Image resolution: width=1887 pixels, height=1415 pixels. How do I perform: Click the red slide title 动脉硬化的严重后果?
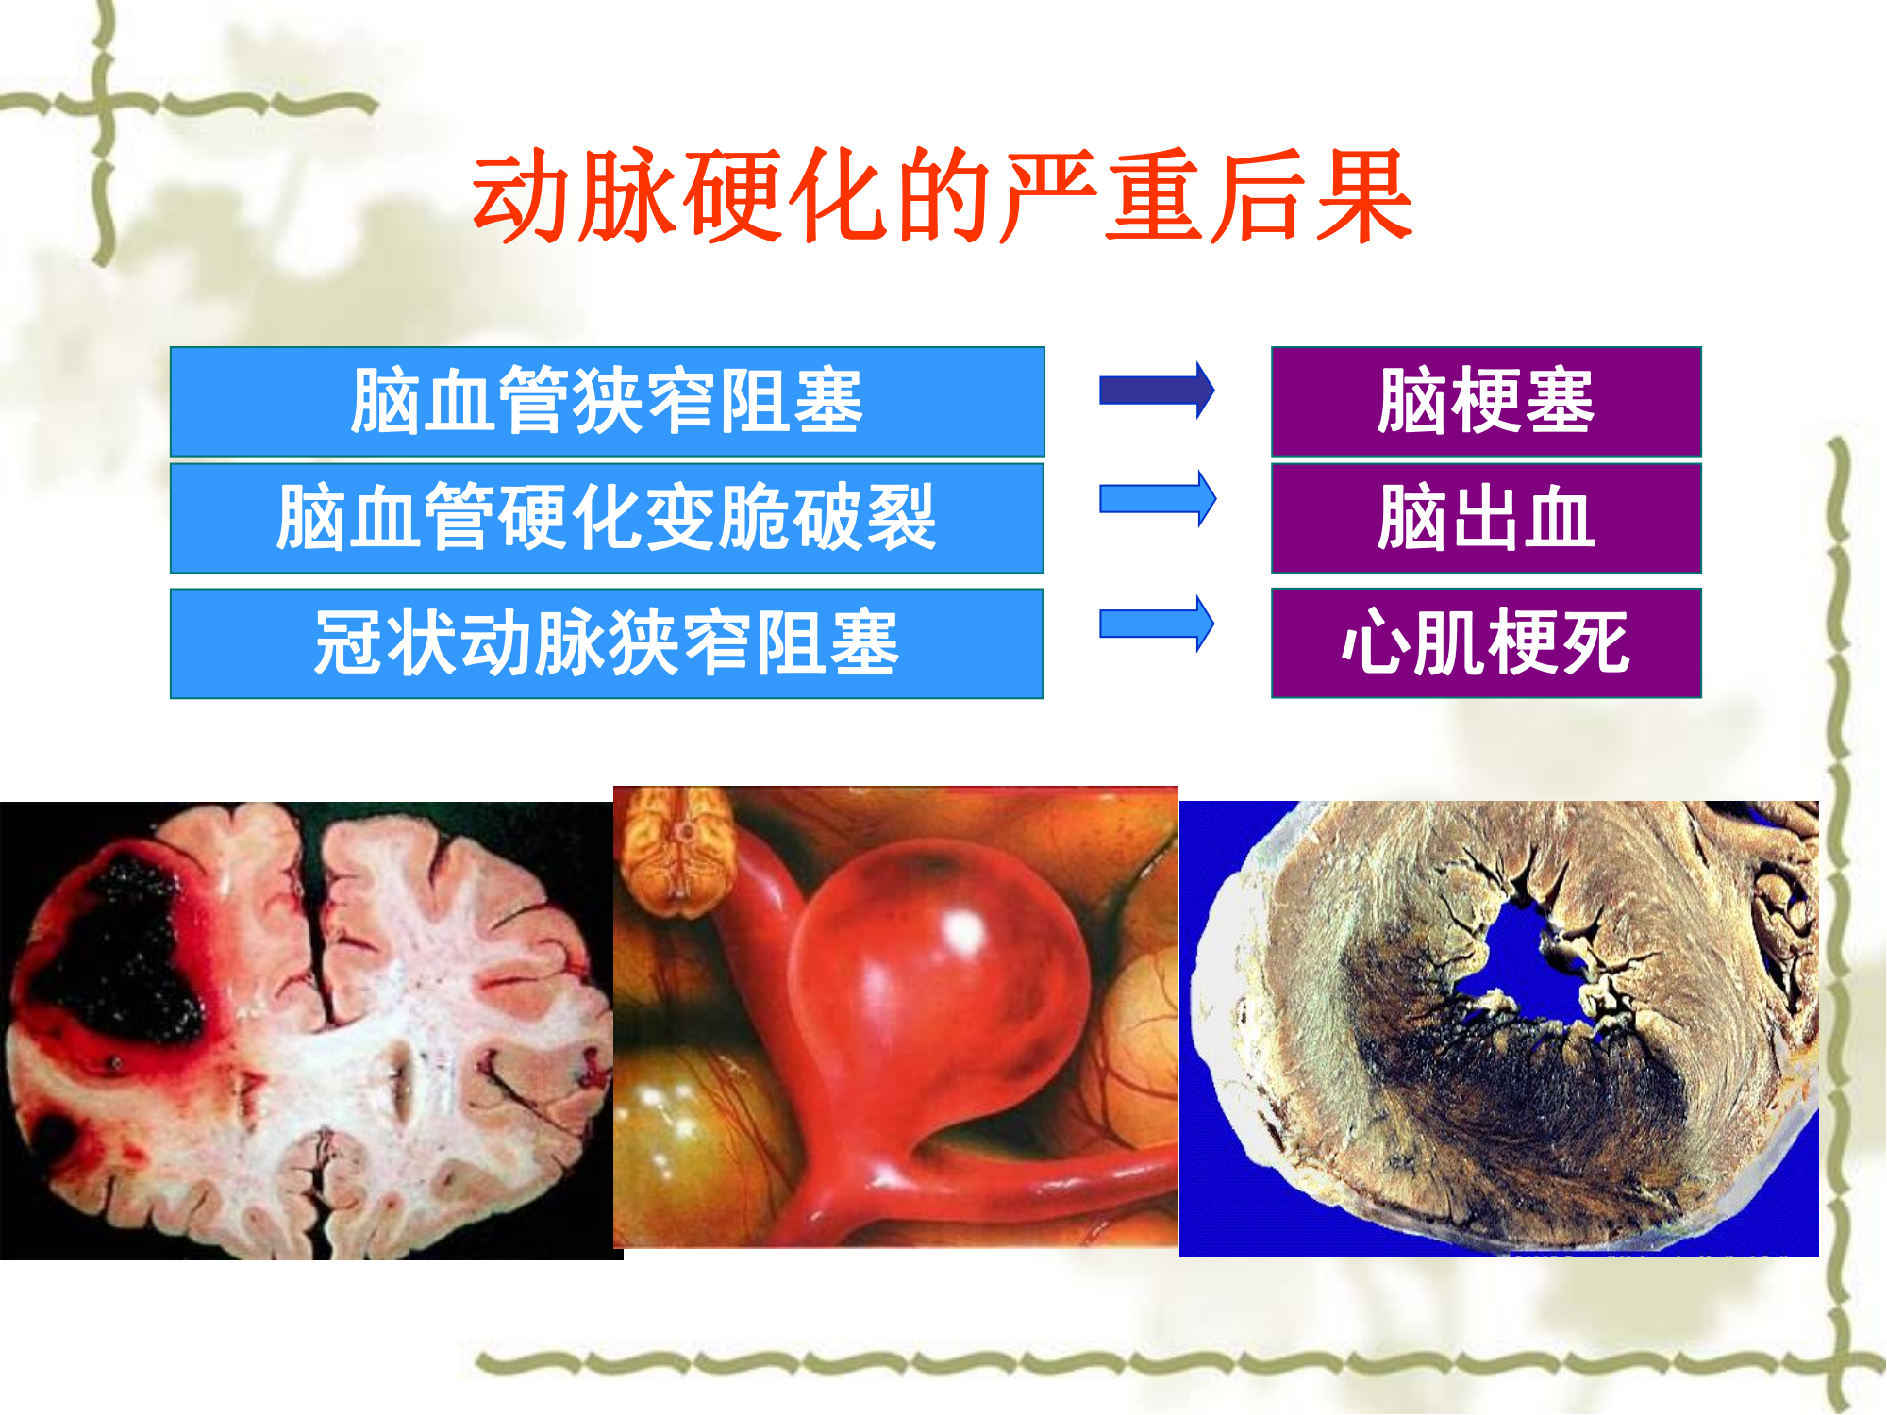click(943, 195)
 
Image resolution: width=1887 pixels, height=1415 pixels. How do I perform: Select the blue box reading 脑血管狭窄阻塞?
click(607, 402)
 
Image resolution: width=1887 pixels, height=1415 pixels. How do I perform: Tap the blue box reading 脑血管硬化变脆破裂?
click(607, 518)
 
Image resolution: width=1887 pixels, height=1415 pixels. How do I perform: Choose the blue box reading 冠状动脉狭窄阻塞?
click(607, 643)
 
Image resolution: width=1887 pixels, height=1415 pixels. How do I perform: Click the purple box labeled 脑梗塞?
click(1486, 402)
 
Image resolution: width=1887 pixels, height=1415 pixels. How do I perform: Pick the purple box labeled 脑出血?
click(1486, 518)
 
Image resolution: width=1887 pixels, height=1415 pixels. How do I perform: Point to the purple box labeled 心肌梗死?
click(1486, 643)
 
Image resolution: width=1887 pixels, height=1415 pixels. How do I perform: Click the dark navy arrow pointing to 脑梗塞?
click(1157, 390)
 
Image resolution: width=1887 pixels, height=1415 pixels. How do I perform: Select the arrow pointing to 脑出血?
click(1158, 498)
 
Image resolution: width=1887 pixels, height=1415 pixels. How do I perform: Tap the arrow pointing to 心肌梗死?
click(1157, 624)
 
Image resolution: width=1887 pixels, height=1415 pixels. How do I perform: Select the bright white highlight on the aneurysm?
click(964, 932)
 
